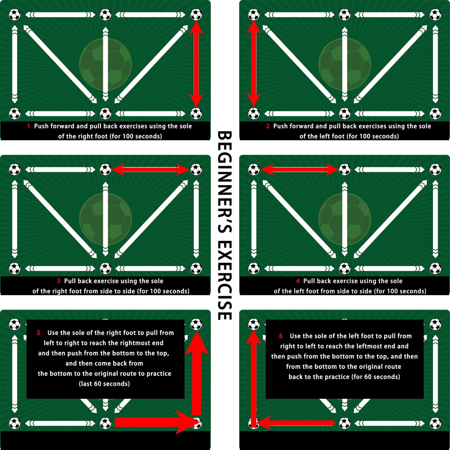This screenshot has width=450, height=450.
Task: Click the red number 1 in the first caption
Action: (x=28, y=126)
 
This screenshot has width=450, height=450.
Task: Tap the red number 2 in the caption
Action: (x=268, y=126)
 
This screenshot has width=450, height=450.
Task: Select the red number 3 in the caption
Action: (x=59, y=281)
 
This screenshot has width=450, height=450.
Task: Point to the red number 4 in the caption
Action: (x=298, y=281)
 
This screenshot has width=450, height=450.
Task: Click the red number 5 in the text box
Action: (x=39, y=333)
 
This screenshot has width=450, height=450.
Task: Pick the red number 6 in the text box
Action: (x=281, y=336)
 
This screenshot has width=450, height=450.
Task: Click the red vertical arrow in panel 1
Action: (x=196, y=64)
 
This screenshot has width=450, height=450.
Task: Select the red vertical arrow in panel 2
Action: (x=253, y=64)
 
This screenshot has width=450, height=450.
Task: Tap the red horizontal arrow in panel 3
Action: (x=151, y=169)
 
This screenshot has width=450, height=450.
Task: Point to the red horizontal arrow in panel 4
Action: (x=299, y=169)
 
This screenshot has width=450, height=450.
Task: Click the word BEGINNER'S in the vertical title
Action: (x=225, y=182)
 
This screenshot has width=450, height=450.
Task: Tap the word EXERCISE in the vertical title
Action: (x=225, y=280)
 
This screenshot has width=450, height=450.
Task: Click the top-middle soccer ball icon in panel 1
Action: (x=106, y=15)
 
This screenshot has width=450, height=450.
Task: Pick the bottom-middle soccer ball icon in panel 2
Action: (x=345, y=114)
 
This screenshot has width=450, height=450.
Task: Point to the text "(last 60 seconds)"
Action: (x=104, y=384)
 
